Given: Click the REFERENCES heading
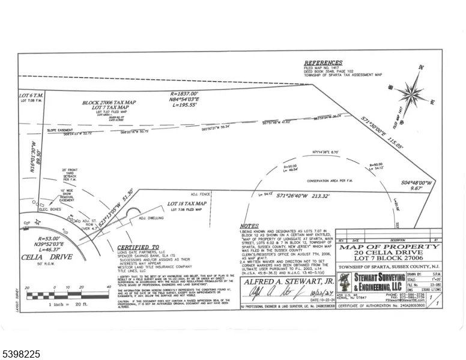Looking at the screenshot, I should (x=322, y=63).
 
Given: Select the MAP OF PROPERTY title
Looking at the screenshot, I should (x=388, y=247).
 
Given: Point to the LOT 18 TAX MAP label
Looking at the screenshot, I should (x=187, y=205).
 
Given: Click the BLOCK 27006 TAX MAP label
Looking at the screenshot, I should (x=109, y=103).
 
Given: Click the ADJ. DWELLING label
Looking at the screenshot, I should (x=154, y=218).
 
